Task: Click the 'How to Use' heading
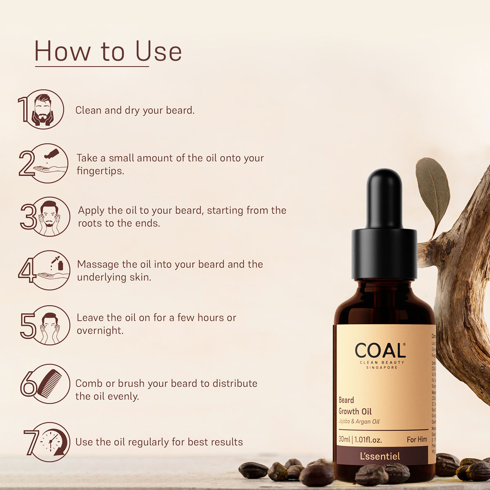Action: (x=108, y=51)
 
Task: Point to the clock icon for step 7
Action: (x=51, y=442)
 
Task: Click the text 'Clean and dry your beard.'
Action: (x=135, y=110)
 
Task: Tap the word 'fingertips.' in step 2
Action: (x=100, y=171)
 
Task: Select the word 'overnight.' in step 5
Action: (x=100, y=330)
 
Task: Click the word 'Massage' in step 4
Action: (x=98, y=264)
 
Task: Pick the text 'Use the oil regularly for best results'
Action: (x=159, y=442)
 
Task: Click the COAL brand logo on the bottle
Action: (x=380, y=351)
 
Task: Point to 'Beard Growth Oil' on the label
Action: (x=355, y=406)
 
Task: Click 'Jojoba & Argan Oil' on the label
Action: (x=359, y=421)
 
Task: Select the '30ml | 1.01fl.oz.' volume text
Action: (x=360, y=440)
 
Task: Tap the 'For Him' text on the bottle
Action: (x=417, y=440)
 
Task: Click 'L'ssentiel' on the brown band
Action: (x=380, y=456)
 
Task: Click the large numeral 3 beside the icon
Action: (x=28, y=216)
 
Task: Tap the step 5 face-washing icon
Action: (x=50, y=325)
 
